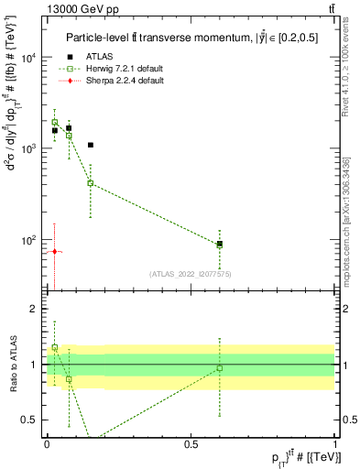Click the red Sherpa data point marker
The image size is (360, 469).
pyautogui.click(x=54, y=251)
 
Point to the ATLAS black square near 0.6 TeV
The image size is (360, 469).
pyautogui.click(x=220, y=244)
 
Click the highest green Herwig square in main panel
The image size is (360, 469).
pyautogui.click(x=54, y=122)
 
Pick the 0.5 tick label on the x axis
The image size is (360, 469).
pyautogui.click(x=191, y=444)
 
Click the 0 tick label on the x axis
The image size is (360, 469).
pyautogui.click(x=47, y=444)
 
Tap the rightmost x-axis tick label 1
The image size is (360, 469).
pyautogui.click(x=335, y=444)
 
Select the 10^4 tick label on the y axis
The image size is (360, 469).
pyautogui.click(x=28, y=58)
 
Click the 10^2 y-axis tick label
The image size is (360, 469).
pyautogui.click(x=28, y=240)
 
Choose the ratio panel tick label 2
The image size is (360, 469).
pyautogui.click(x=34, y=310)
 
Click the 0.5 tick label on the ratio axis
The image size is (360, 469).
pyautogui.click(x=30, y=420)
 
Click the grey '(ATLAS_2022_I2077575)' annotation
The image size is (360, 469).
pyautogui.click(x=191, y=273)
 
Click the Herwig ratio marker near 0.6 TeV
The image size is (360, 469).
pyautogui.click(x=220, y=368)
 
